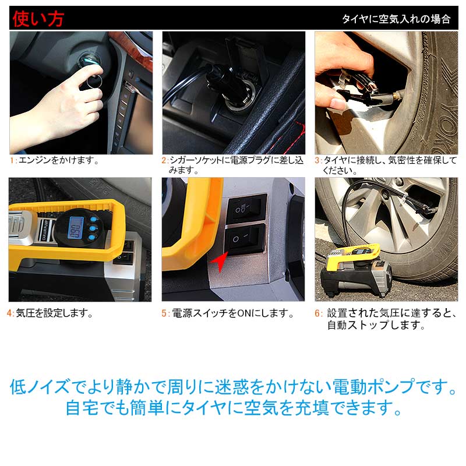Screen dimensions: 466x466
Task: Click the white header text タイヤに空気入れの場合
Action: tap(396, 19)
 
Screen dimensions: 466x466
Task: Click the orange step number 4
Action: tap(11, 313)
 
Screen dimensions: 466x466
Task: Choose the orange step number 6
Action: tap(318, 313)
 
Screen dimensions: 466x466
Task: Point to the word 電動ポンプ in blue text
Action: tap(382, 386)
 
